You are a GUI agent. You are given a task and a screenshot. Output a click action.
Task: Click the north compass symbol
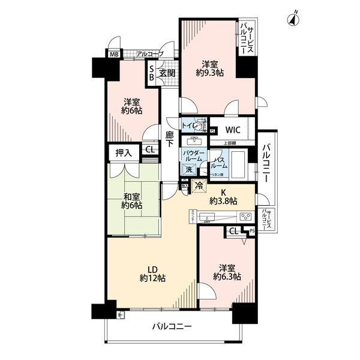point(292,19)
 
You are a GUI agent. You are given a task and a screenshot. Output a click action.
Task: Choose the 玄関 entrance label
point(167,74)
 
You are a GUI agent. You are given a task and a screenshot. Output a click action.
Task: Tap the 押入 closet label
point(124,153)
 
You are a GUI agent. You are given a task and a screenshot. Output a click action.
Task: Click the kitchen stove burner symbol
point(245,216)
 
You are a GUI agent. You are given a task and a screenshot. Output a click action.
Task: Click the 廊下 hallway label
point(170,140)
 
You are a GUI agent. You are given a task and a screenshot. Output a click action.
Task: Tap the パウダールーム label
point(194,158)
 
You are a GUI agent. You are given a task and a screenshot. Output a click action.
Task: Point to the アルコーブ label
point(149,54)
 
